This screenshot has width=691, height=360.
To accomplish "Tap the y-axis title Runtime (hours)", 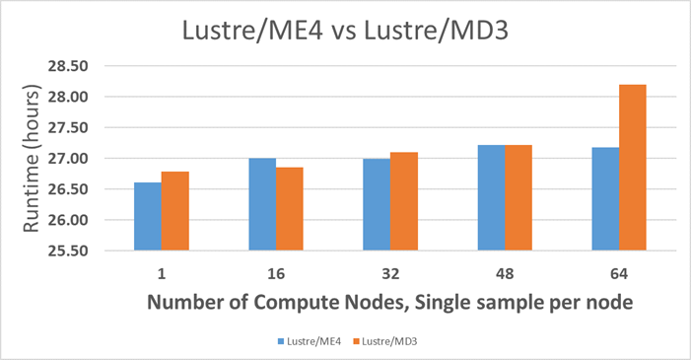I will pyautogui.click(x=31, y=158).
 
